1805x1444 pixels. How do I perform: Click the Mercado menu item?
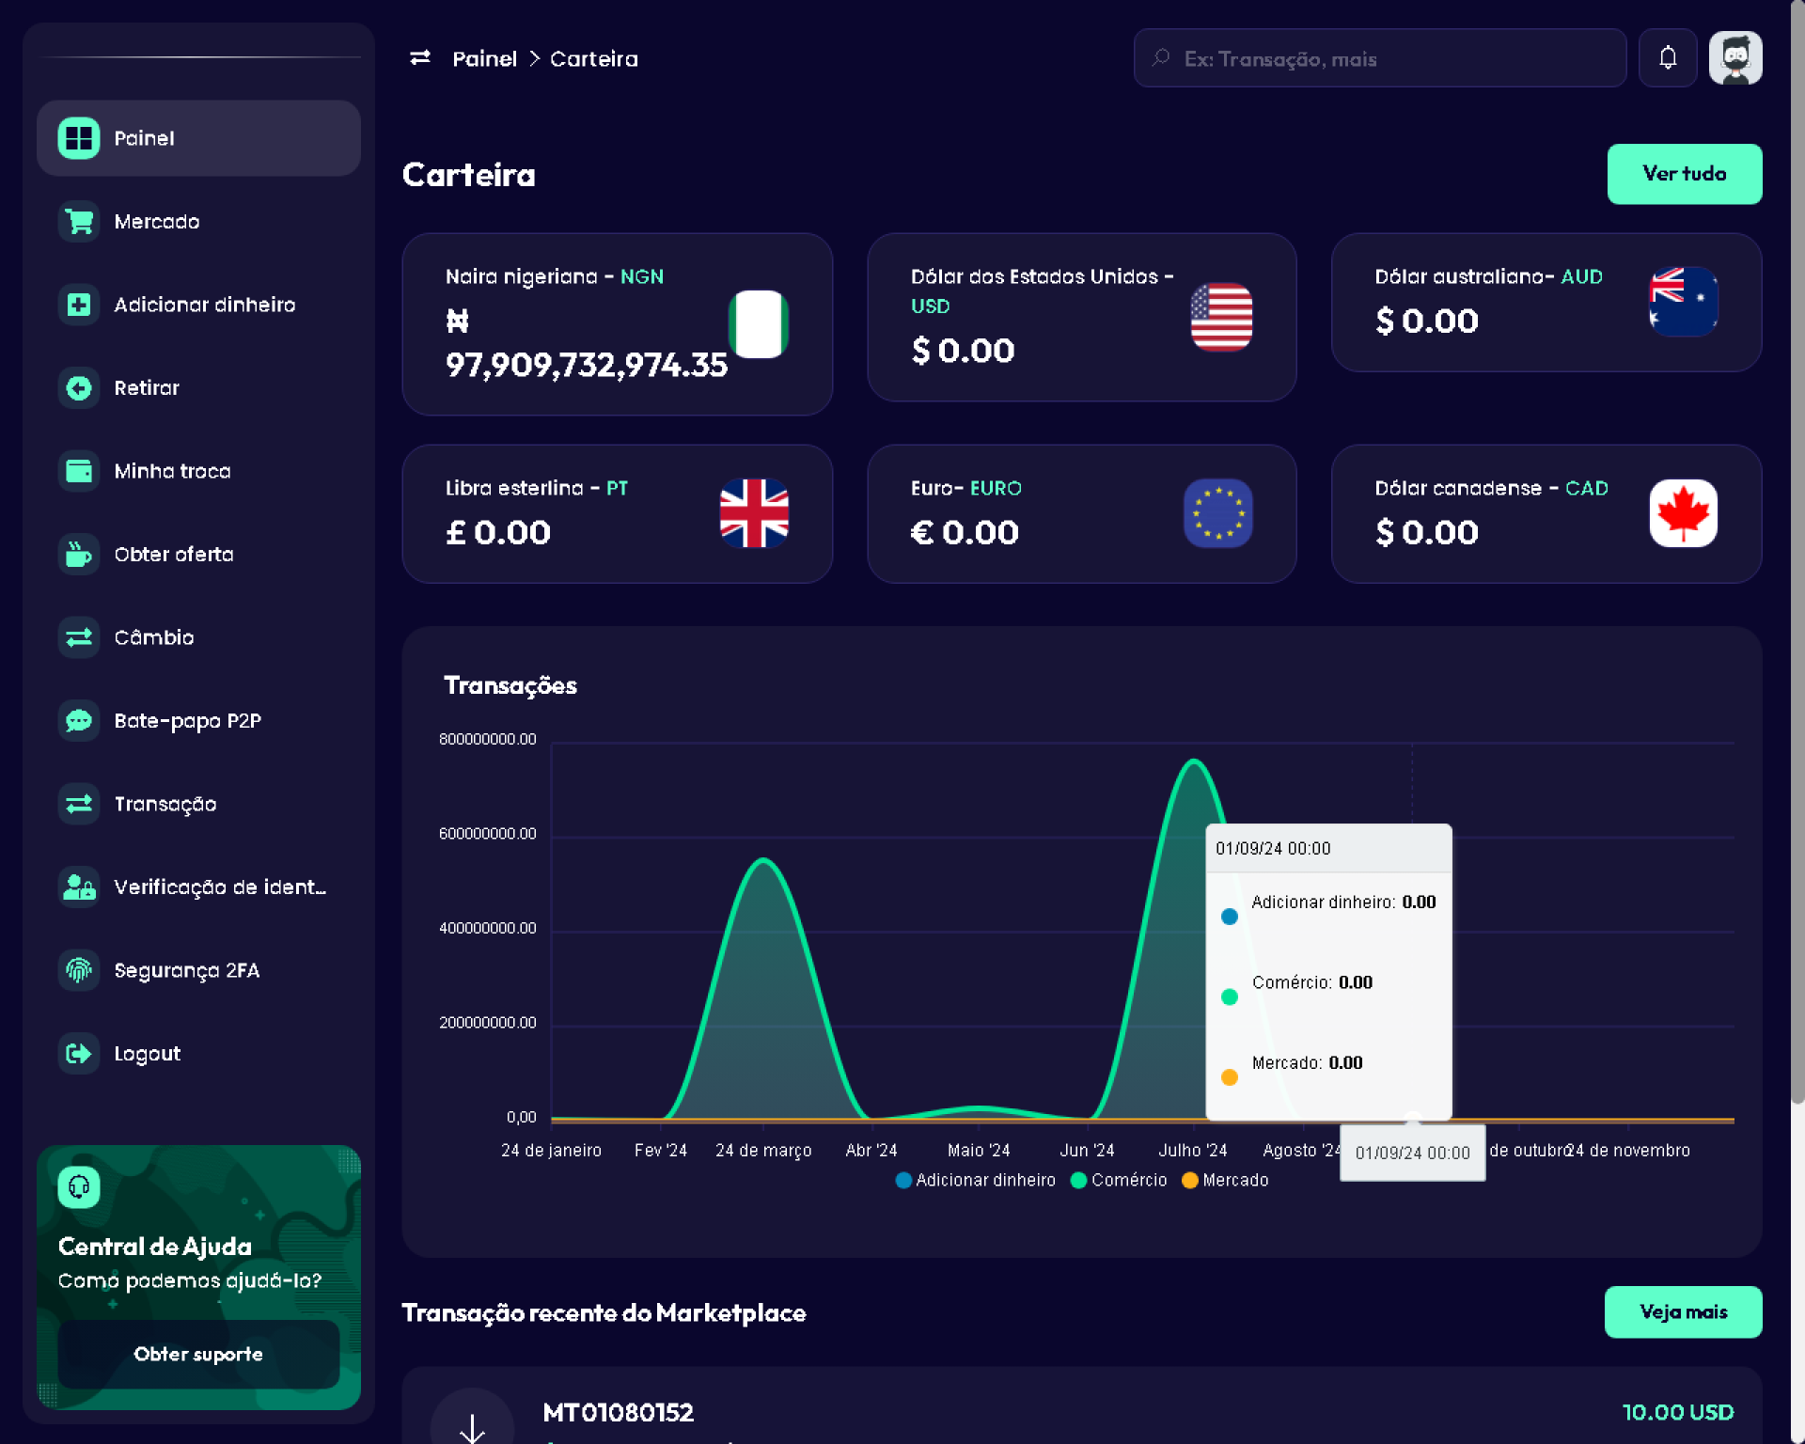(156, 222)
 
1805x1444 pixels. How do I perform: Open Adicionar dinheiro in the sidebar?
(204, 305)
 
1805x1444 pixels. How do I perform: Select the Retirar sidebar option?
(146, 388)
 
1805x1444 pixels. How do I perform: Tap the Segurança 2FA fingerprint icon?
(79, 970)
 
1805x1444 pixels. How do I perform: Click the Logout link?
(147, 1054)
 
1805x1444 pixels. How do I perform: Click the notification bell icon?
(1667, 58)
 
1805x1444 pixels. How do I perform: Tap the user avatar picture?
(1734, 58)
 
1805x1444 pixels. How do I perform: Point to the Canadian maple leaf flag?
(1683, 513)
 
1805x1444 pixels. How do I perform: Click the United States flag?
(1220, 317)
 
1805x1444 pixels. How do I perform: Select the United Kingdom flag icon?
(754, 513)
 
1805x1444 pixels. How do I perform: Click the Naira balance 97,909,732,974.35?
(586, 365)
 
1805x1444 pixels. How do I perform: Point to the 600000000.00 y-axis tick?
(487, 834)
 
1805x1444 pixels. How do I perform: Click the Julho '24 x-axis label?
(1192, 1151)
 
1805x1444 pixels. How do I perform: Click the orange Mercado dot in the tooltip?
(1229, 1077)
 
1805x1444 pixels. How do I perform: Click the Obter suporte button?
(198, 1354)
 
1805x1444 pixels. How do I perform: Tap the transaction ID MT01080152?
(618, 1412)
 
